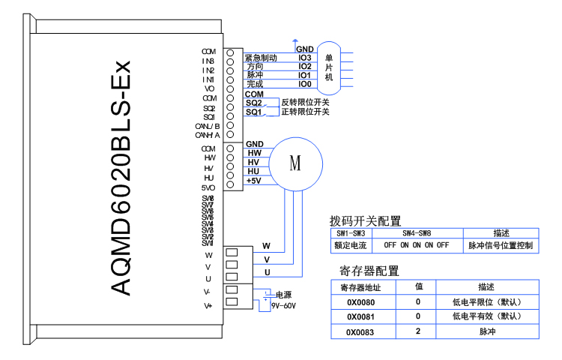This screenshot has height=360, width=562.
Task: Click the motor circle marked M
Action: click(295, 163)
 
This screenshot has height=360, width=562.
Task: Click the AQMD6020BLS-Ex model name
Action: click(121, 178)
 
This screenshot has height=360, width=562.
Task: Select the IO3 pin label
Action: click(304, 58)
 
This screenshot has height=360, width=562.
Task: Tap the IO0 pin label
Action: click(304, 85)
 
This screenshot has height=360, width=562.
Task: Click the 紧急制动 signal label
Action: click(262, 58)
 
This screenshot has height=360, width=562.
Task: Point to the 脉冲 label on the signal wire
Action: click(255, 76)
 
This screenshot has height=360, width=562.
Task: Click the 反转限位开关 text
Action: click(305, 102)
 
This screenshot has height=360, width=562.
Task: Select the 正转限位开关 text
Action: click(305, 112)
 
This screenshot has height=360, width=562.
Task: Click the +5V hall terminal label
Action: click(253, 181)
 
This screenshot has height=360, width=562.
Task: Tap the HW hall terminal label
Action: click(254, 153)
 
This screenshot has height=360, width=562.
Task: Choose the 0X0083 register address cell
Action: click(360, 331)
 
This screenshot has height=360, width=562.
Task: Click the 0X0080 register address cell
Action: click(360, 302)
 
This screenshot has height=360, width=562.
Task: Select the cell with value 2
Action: click(419, 331)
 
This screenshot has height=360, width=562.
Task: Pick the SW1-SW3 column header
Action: click(349, 233)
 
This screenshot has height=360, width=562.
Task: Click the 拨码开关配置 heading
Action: click(365, 220)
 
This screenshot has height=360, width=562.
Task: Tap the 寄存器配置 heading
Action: click(369, 271)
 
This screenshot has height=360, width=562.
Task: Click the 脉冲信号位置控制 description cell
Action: click(501, 245)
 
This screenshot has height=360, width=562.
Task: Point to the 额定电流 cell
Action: click(349, 245)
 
